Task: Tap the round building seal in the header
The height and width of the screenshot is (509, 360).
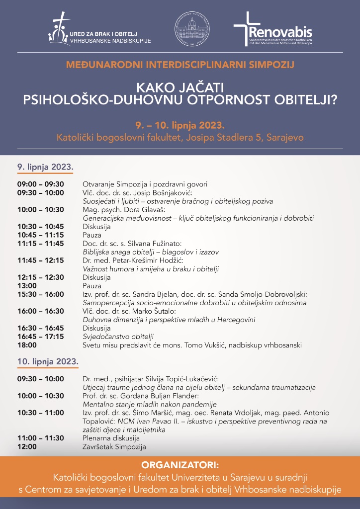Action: (x=192, y=29)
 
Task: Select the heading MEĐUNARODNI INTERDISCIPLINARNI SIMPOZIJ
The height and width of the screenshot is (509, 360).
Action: (x=180, y=64)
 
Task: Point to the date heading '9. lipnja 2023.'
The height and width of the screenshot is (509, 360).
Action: (x=45, y=167)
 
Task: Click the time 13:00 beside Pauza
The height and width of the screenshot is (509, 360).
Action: (x=27, y=286)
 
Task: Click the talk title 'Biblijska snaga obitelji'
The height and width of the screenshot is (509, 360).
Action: (x=122, y=252)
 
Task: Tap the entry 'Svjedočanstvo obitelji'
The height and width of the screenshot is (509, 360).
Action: (x=118, y=337)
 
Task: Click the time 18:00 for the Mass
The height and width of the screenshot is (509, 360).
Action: (x=27, y=345)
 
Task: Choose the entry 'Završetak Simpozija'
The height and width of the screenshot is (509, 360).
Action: (x=114, y=446)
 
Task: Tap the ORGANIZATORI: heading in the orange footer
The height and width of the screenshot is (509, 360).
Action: (x=180, y=466)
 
